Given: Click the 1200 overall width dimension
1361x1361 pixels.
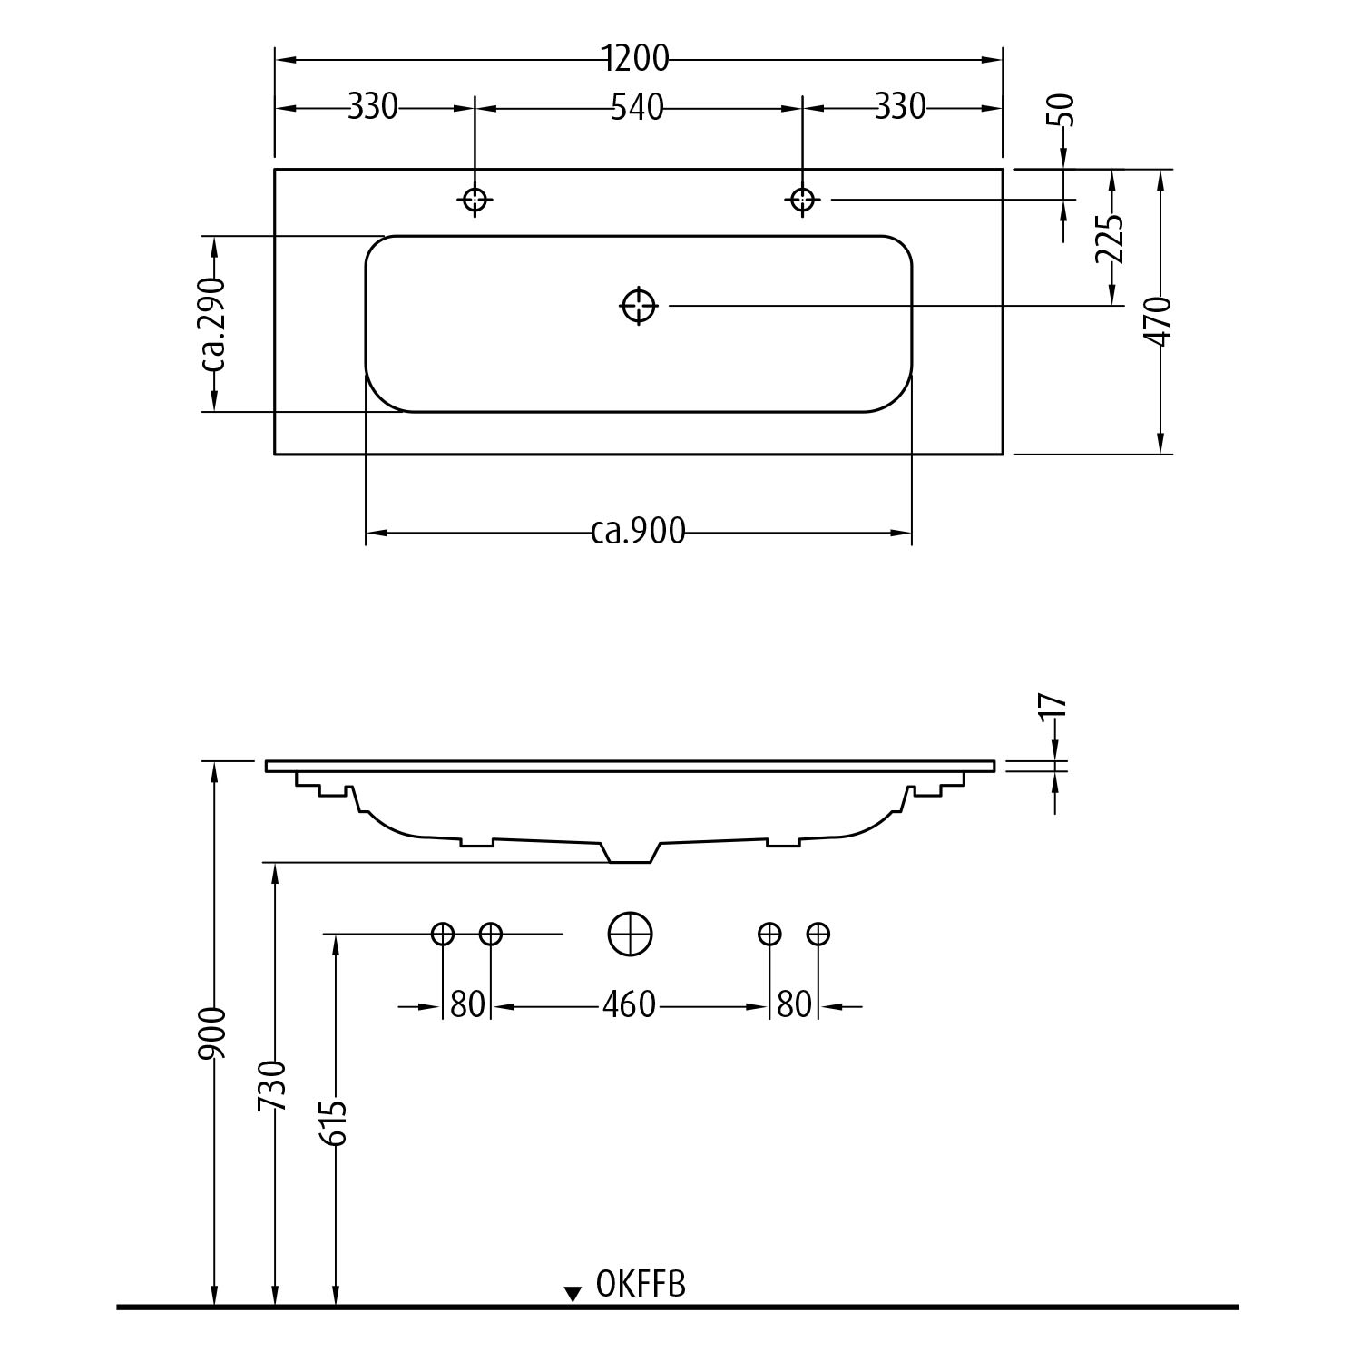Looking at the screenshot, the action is [x=637, y=59].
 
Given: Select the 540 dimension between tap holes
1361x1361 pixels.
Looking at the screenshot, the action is [x=637, y=108].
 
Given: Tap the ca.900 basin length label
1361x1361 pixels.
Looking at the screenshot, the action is [x=638, y=531].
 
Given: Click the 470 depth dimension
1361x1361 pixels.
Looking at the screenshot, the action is [x=1159, y=321].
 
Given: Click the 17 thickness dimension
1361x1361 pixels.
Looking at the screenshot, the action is [x=1053, y=708].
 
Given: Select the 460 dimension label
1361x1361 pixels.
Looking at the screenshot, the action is [x=630, y=1004].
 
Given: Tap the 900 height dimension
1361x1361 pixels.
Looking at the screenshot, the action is [x=214, y=1033].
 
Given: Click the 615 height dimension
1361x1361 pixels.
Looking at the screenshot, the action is [x=335, y=1123].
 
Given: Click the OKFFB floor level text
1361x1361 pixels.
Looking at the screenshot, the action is [x=641, y=1284].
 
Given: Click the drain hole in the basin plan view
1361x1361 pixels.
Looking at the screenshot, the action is [x=639, y=306].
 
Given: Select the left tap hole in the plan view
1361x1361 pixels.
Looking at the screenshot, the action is [x=475, y=199].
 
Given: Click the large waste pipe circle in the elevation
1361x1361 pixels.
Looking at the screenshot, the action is [x=630, y=933].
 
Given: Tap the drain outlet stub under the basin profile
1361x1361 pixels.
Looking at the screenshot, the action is [x=631, y=853].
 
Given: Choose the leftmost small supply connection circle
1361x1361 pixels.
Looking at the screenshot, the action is [x=443, y=933].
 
